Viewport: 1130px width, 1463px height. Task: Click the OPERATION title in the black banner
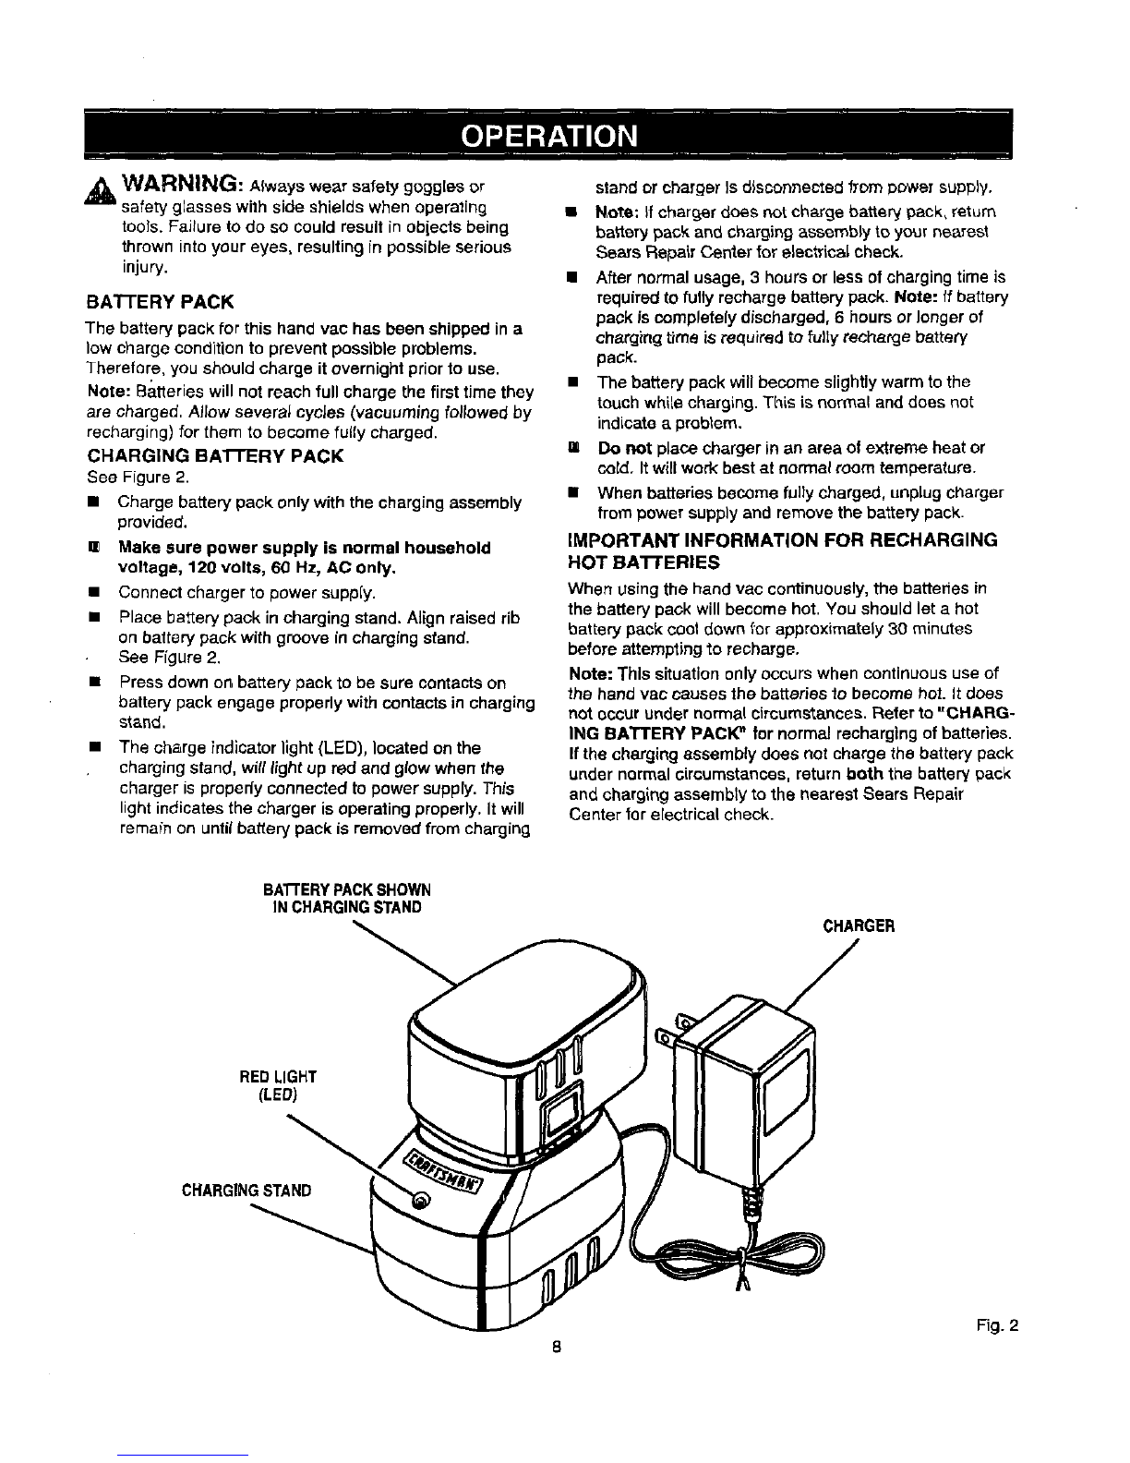[x=548, y=136]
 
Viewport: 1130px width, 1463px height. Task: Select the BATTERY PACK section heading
[x=161, y=302]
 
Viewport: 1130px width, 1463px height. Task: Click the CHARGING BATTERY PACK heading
[x=215, y=456]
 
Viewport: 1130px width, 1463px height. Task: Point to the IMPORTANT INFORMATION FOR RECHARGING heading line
[x=783, y=540]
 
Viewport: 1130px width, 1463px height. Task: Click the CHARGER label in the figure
[x=859, y=926]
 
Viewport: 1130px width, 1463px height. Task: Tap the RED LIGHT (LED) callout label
[x=278, y=1085]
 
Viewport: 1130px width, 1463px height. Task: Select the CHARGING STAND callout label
[x=246, y=1191]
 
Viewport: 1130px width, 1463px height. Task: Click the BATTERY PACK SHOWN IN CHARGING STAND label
[x=346, y=898]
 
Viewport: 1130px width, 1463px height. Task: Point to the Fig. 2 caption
[x=997, y=1325]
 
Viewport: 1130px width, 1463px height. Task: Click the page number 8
[x=557, y=1348]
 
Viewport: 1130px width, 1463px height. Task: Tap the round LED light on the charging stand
[x=421, y=1200]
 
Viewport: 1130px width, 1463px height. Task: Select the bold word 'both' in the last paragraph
[x=866, y=774]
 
